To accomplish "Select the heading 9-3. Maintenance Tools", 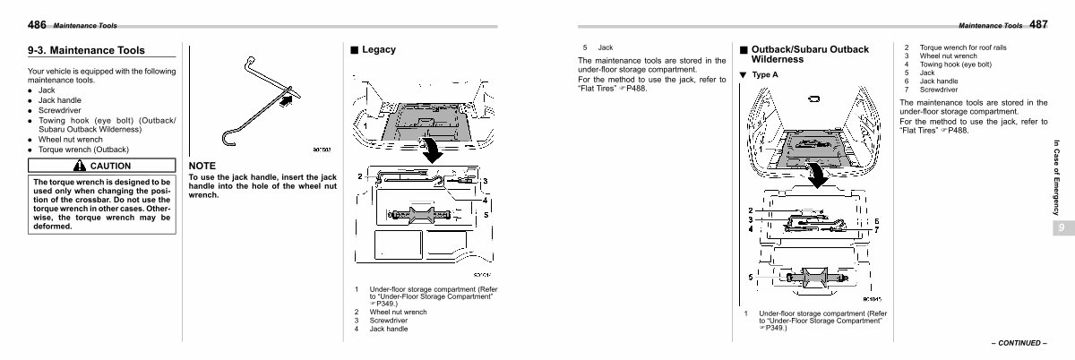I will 86,51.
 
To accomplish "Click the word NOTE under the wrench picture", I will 202,167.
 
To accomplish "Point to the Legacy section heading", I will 379,50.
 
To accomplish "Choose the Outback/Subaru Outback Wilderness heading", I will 809,54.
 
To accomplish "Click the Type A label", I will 764,74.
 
